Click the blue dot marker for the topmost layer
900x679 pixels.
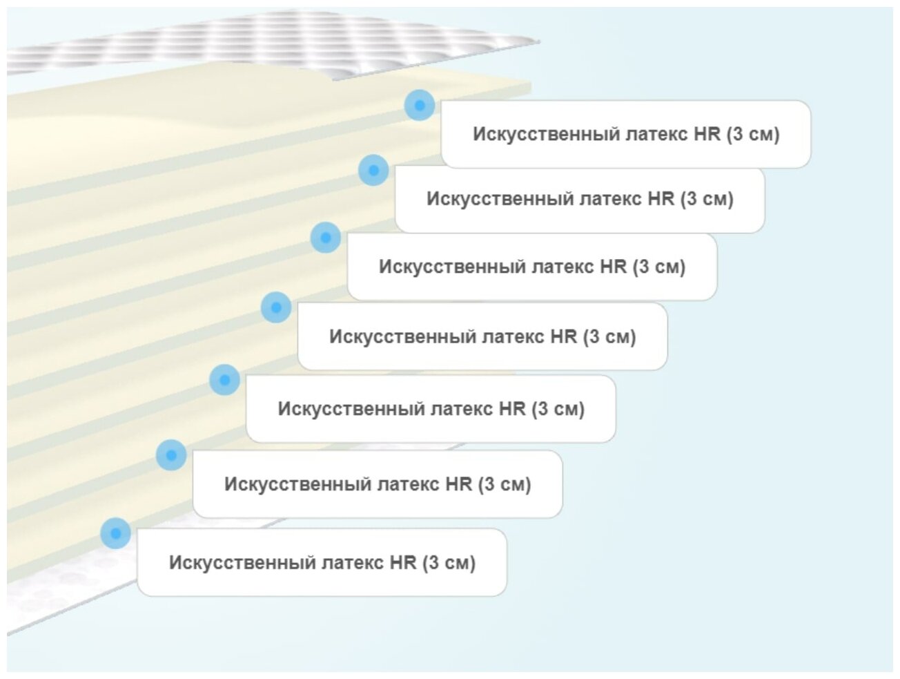click(x=419, y=106)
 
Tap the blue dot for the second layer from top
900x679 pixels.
click(x=373, y=170)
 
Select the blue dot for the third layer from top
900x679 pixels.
click(x=326, y=238)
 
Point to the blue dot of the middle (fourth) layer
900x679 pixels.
click(x=276, y=307)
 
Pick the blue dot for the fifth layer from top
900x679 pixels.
click(x=224, y=380)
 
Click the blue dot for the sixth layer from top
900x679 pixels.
click(x=171, y=455)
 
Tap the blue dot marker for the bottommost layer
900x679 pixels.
click(x=115, y=533)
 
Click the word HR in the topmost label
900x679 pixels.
click(x=707, y=134)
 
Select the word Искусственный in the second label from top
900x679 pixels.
click(x=499, y=199)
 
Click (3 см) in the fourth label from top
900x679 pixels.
click(x=609, y=337)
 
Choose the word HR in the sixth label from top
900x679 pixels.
click(x=458, y=484)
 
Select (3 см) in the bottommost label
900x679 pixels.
click(x=449, y=563)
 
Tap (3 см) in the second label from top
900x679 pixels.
click(x=707, y=199)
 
